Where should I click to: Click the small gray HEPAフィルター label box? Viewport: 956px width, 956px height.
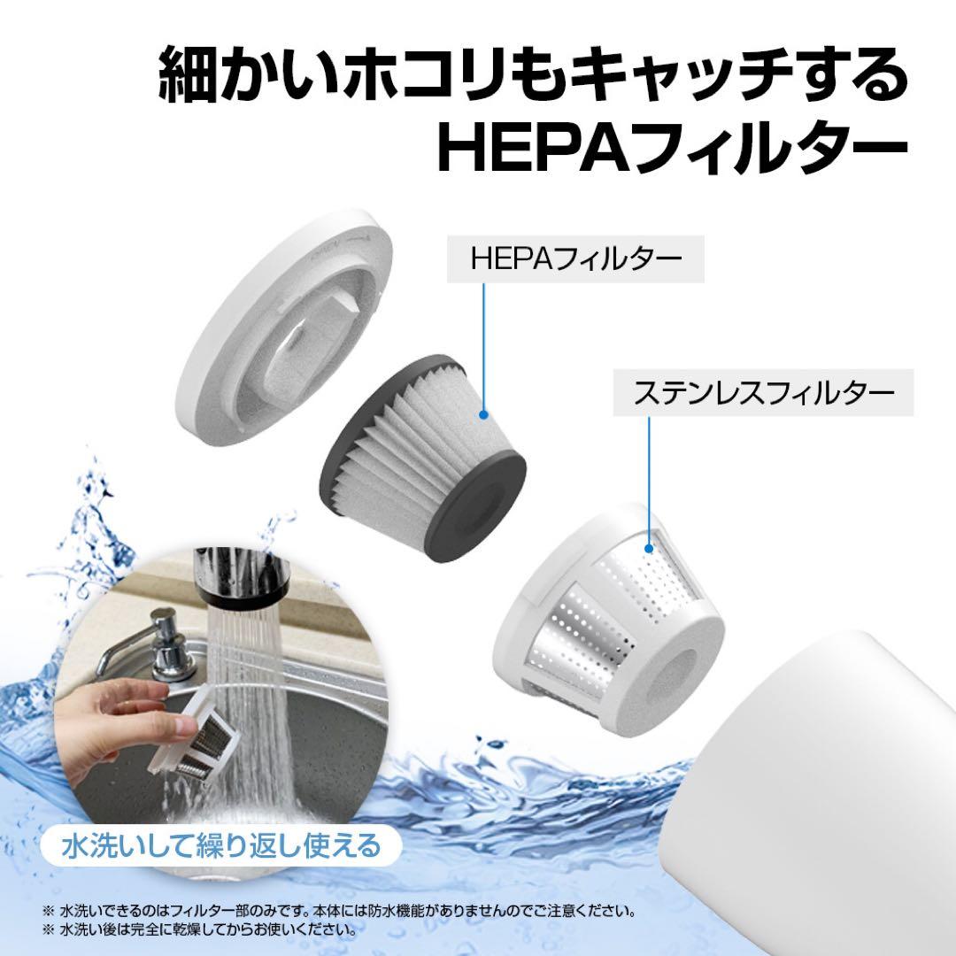tap(575, 259)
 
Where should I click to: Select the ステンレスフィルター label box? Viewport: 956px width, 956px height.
tap(763, 393)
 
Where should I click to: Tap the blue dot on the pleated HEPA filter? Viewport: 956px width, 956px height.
tap(484, 414)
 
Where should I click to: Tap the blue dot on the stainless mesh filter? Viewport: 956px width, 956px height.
tap(650, 548)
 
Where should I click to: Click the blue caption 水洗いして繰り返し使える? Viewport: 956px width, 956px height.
tap(221, 845)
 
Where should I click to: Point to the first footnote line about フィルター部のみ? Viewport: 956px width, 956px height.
tap(339, 912)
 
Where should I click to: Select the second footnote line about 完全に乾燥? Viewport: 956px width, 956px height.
tap(199, 930)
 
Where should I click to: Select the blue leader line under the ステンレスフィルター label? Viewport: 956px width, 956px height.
tap(650, 480)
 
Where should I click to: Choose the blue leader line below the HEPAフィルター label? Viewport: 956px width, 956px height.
tap(484, 346)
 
